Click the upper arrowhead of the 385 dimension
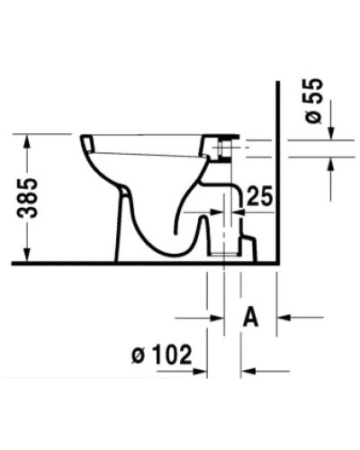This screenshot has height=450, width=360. tap(31, 140)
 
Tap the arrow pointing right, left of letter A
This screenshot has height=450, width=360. tap(216, 316)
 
